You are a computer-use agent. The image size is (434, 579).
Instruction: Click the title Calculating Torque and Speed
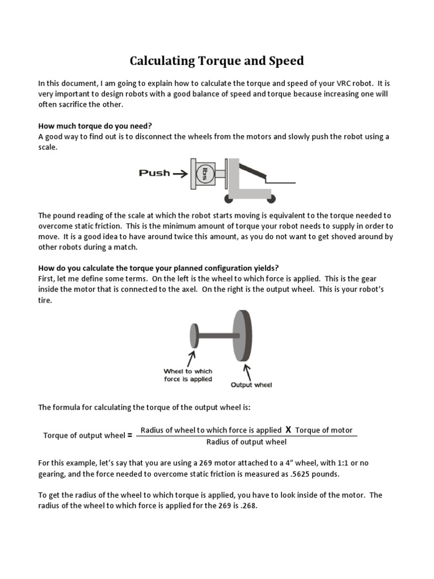(217, 61)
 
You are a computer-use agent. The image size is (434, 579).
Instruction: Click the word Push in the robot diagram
(154, 173)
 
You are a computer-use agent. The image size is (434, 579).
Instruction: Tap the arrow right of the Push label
(180, 174)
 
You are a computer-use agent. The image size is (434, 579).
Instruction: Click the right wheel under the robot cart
(272, 198)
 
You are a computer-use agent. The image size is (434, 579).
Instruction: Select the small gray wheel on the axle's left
(194, 336)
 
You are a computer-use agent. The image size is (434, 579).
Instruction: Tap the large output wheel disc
(242, 335)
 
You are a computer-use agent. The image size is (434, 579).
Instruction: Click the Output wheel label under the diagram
(251, 385)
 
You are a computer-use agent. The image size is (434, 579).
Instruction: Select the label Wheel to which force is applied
(188, 375)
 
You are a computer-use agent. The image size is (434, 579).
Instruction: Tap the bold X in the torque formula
(288, 430)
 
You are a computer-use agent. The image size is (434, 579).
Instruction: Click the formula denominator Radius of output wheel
(246, 442)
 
